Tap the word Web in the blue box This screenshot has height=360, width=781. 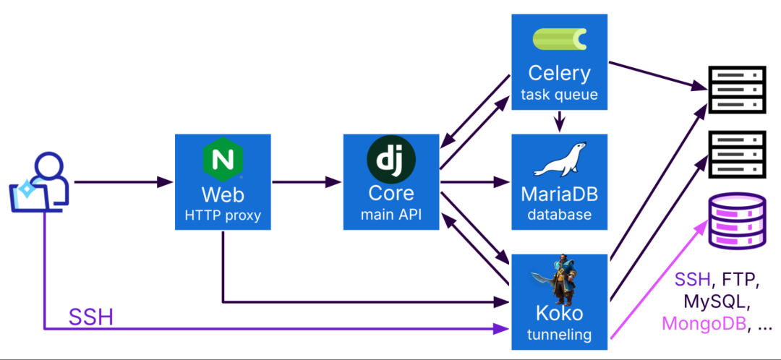click(222, 194)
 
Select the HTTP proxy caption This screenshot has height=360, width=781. click(222, 215)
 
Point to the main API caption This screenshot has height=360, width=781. click(391, 215)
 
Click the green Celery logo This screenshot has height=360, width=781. click(559, 40)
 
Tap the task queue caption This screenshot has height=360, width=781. click(559, 94)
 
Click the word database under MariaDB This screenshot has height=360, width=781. click(559, 215)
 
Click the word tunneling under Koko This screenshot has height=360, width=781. click(559, 335)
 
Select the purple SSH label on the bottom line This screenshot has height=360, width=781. click(90, 317)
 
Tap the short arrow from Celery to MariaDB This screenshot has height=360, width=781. click(559, 121)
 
